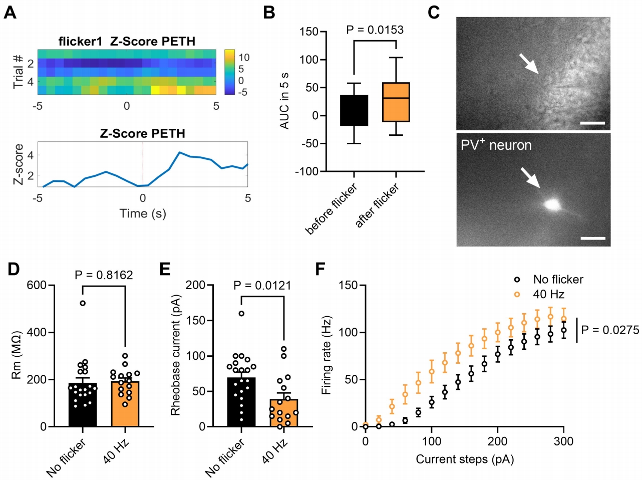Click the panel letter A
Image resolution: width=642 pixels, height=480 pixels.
point(10,12)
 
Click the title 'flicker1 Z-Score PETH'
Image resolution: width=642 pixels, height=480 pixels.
point(127,41)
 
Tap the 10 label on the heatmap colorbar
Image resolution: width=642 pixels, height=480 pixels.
point(244,57)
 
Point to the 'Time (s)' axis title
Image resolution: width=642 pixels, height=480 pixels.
point(143,213)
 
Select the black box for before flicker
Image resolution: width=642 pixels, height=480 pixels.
point(354,110)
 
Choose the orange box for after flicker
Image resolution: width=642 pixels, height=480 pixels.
point(396,102)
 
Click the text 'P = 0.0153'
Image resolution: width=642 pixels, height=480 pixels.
point(375,30)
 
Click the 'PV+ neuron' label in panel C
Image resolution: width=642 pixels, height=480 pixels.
point(496,145)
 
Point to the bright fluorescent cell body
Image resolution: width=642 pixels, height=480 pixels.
point(552,204)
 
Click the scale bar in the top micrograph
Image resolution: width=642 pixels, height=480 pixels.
point(592,123)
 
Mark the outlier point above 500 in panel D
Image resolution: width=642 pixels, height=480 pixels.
point(83,303)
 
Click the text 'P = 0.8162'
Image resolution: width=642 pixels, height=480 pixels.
point(104,275)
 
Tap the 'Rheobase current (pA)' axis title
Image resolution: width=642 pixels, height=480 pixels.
point(175,355)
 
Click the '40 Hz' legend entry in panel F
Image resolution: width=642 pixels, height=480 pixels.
point(548,294)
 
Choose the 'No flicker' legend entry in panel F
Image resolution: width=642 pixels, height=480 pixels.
point(558,280)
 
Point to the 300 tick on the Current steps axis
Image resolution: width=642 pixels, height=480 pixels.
point(564,441)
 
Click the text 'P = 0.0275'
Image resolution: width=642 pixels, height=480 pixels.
point(610,330)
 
